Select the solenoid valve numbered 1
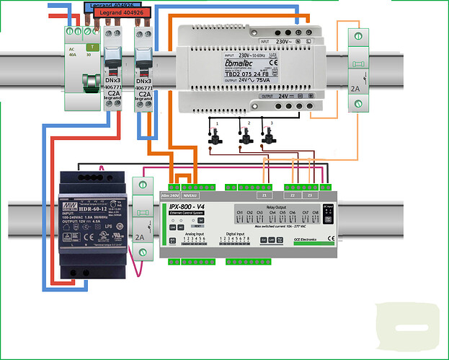point(215,136)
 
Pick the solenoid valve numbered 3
point(268,136)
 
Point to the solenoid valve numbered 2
point(246,136)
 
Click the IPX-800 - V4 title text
point(188,207)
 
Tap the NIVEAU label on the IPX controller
point(190,196)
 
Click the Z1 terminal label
point(264,196)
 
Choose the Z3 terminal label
point(311,196)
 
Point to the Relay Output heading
point(276,206)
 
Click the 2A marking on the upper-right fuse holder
point(355,89)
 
